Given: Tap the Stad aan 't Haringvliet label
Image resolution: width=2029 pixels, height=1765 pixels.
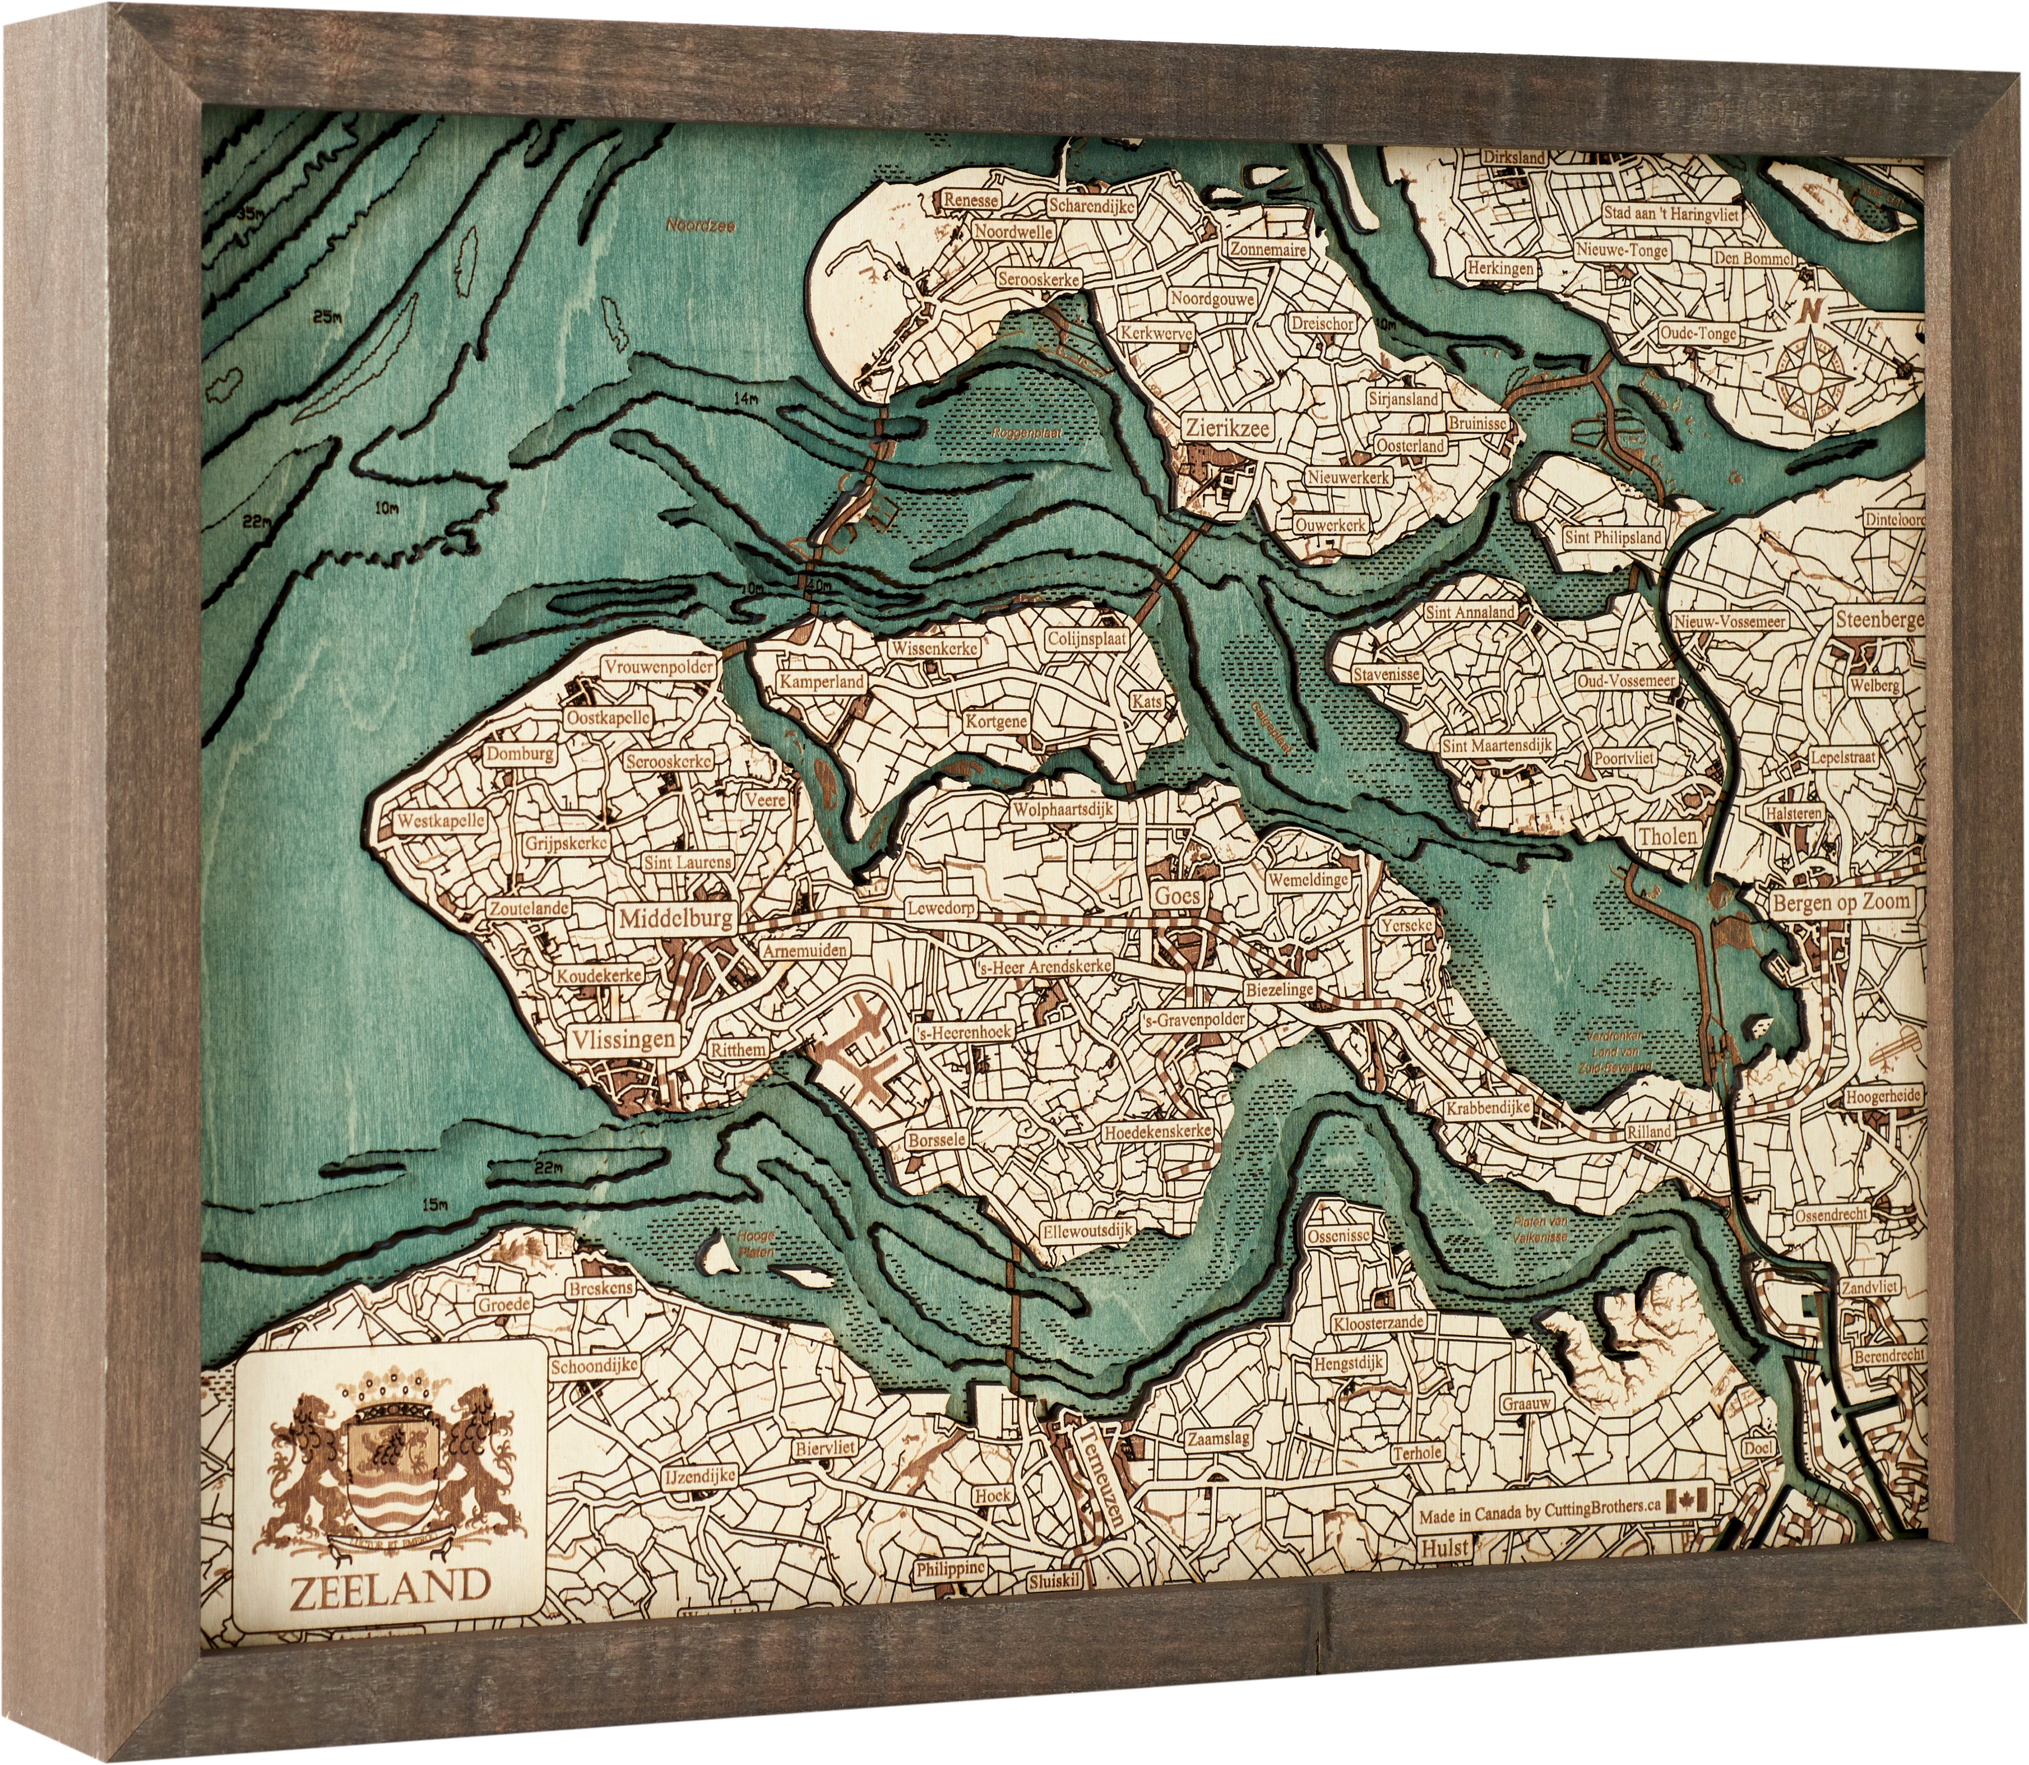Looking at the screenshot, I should click(1670, 213).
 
